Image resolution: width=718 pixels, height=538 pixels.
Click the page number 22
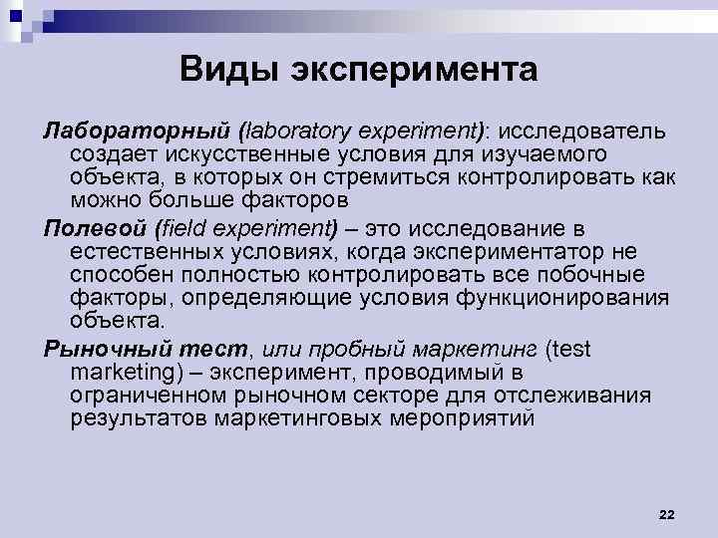[x=667, y=513]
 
